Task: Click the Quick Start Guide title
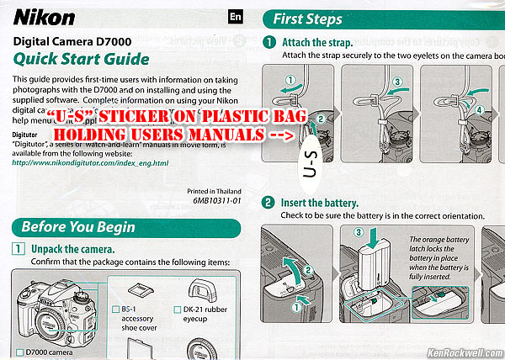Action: (x=82, y=59)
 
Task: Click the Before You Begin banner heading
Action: (x=77, y=227)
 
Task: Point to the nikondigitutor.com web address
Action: (x=91, y=162)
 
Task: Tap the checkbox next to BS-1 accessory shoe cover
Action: (x=116, y=310)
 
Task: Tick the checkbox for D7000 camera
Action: (x=19, y=352)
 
